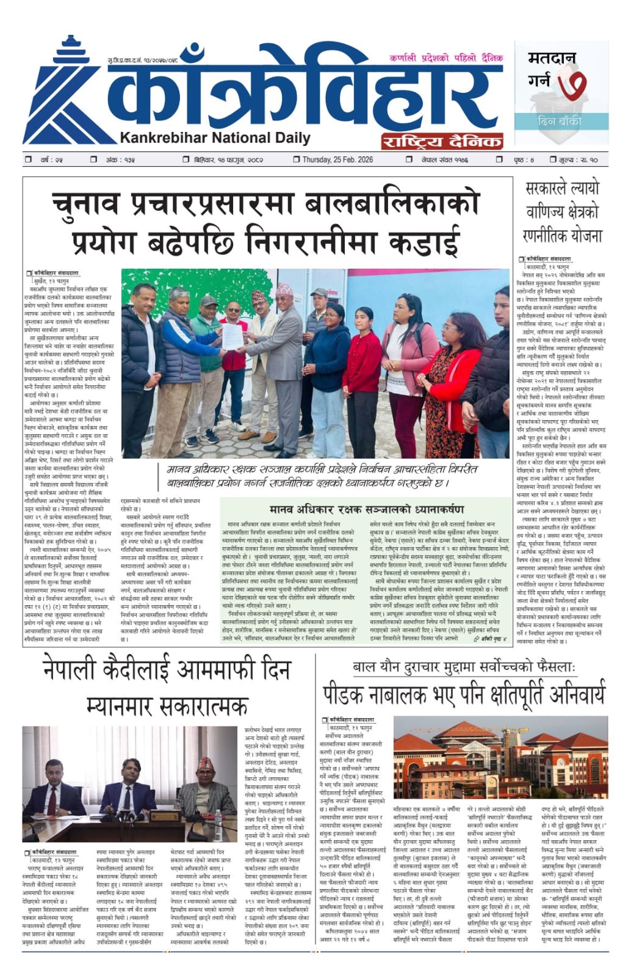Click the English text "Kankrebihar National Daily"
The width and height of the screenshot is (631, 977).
coord(215,138)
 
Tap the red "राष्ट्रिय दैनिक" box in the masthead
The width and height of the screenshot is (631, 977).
coord(442,142)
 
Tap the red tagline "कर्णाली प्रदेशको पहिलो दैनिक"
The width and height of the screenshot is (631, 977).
coord(446,58)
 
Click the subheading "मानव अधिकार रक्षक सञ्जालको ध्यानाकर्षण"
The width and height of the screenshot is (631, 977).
coord(366,509)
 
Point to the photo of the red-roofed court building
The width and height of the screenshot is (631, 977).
coord(500,757)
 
